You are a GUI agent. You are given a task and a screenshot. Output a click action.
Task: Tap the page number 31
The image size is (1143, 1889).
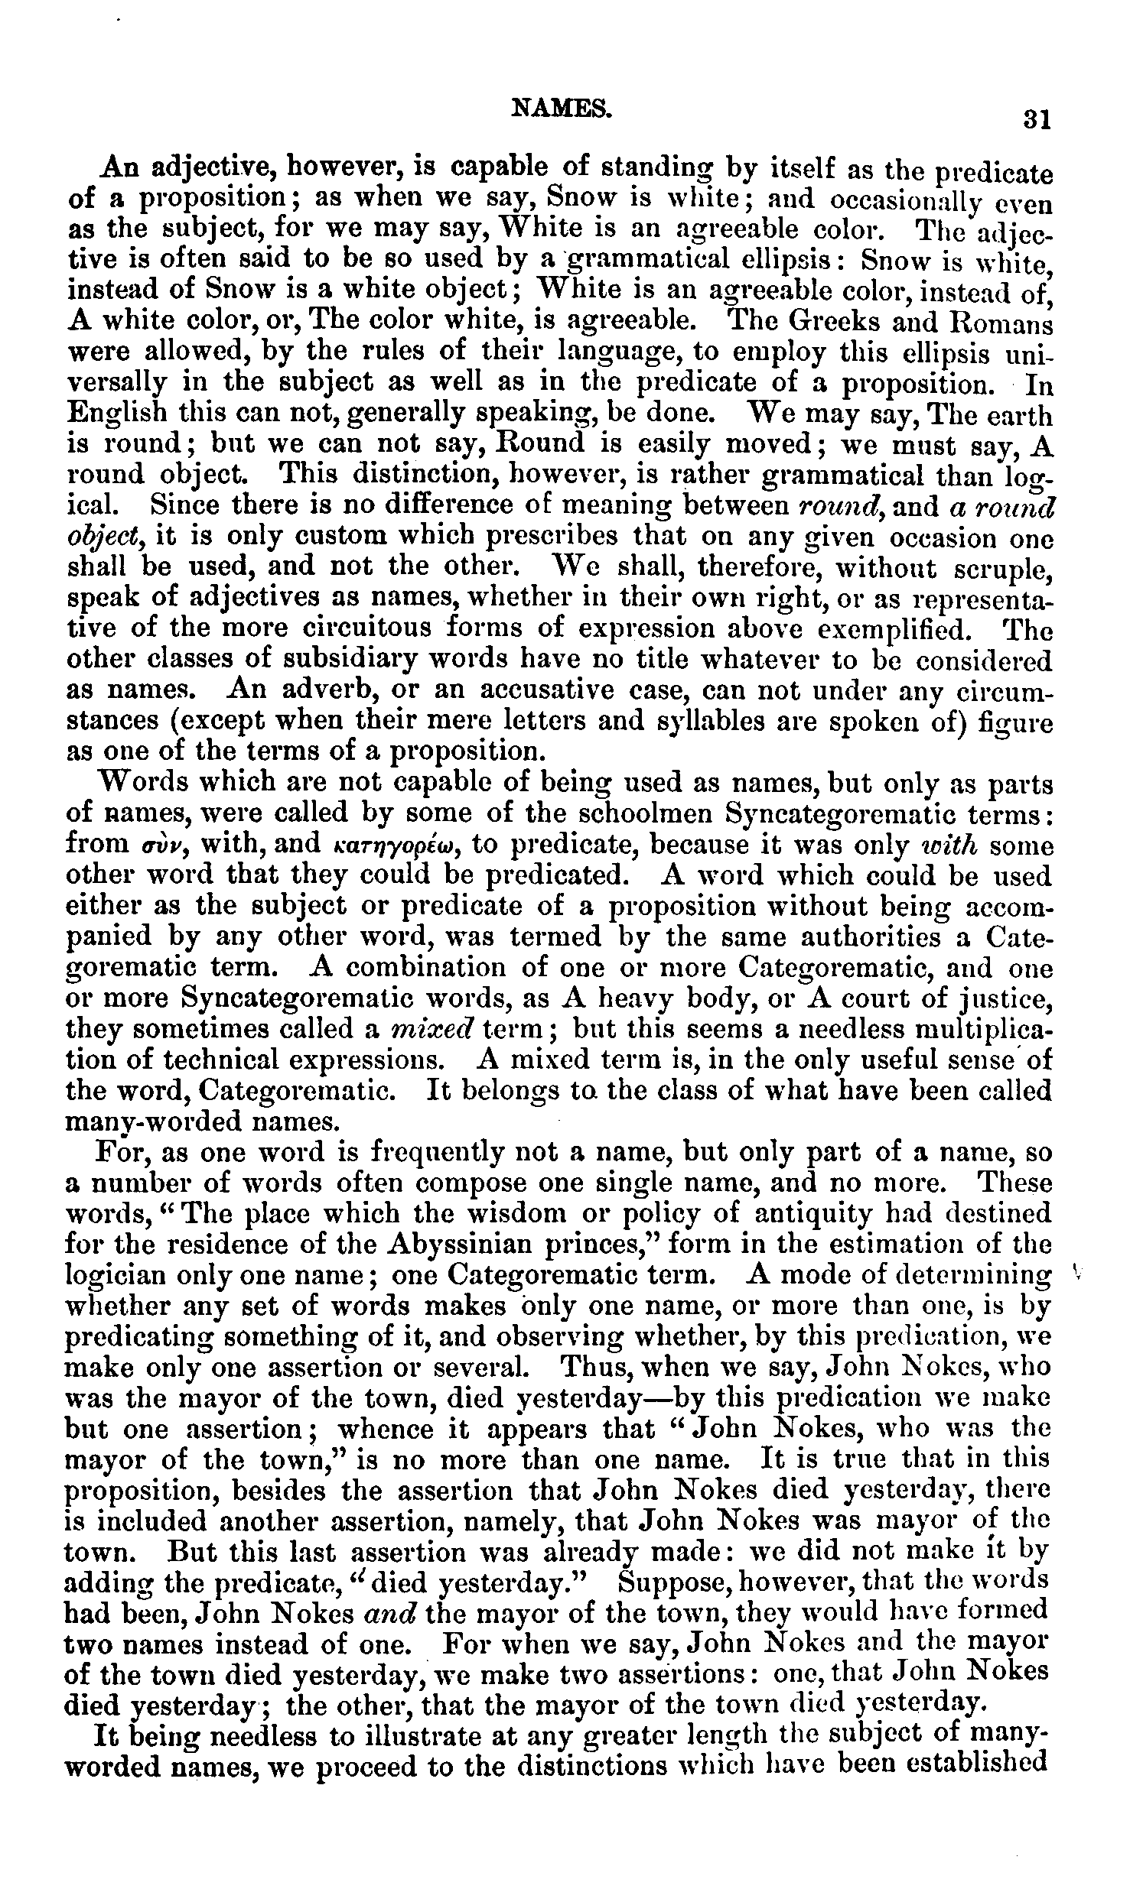click(x=1036, y=119)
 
